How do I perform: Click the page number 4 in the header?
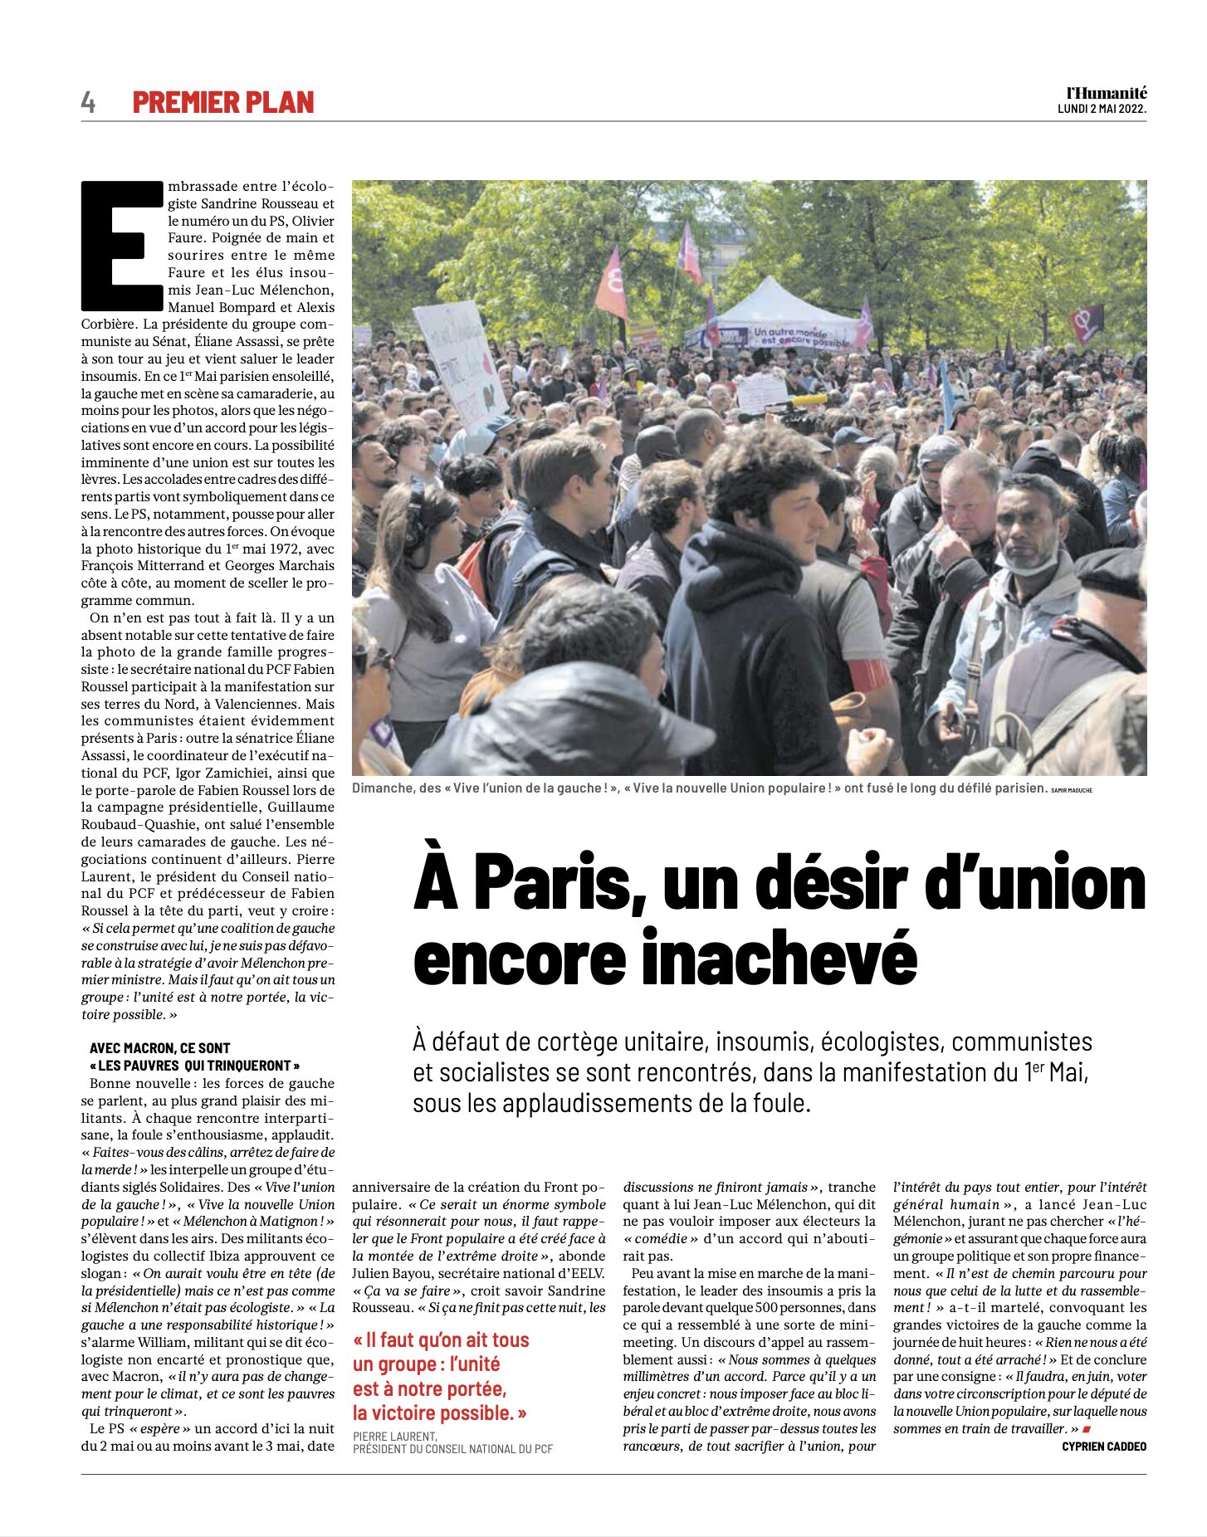tap(88, 102)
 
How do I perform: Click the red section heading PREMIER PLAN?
tap(223, 102)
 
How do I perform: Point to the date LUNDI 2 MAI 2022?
tap(1102, 110)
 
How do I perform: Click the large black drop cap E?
tap(122, 246)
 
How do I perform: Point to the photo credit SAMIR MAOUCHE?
tap(1072, 790)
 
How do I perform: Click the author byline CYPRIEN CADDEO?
tap(1104, 1447)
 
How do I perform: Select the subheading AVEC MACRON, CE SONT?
tap(160, 1048)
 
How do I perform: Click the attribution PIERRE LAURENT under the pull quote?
tap(395, 1436)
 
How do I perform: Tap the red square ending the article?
tap(1087, 1429)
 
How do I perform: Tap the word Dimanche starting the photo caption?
tap(383, 788)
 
